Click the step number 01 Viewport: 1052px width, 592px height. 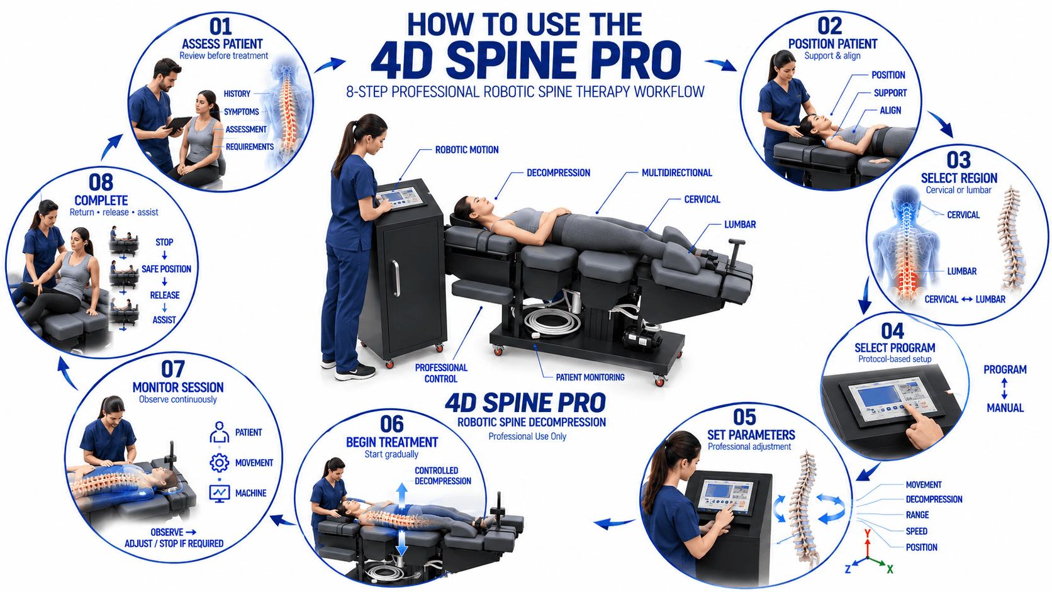(221, 26)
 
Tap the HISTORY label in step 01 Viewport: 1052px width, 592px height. (237, 94)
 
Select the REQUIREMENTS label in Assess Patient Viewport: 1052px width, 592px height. (249, 147)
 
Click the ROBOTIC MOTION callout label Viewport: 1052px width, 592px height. (467, 150)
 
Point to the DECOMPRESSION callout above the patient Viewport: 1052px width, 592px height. (559, 173)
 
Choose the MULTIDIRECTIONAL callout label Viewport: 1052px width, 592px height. (677, 173)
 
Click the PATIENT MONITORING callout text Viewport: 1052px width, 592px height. (590, 377)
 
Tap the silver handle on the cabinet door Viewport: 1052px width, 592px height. (396, 279)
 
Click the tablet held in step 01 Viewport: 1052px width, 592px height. (177, 125)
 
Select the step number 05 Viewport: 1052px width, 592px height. (744, 417)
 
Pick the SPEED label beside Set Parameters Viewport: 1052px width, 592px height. (916, 531)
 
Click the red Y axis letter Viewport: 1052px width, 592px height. (868, 533)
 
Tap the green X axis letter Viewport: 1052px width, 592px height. (890, 569)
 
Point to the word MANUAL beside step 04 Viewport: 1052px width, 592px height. (1005, 408)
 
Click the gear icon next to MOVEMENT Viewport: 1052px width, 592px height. (220, 462)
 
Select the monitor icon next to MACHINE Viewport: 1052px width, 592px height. (220, 493)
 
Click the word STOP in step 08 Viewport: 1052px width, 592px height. (164, 242)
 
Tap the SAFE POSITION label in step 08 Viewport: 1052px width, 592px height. (166, 269)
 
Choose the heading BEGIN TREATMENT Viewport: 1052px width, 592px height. (392, 442)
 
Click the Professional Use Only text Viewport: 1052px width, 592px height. (527, 436)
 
